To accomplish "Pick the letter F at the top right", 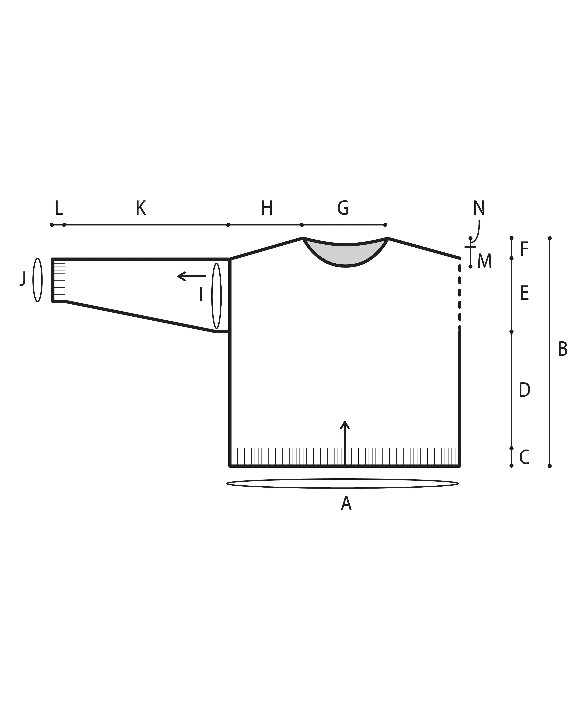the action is [x=524, y=249].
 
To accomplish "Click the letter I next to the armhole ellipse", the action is [x=201, y=295].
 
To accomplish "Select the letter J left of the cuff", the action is [x=23, y=279].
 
